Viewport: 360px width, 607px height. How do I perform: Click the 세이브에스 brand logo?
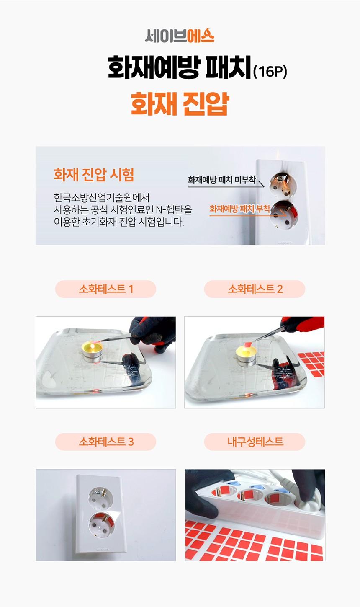click(180, 35)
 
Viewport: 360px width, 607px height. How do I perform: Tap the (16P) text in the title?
click(270, 72)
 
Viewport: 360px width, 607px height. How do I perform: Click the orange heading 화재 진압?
click(180, 103)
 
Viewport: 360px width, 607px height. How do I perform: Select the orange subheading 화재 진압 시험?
click(94, 174)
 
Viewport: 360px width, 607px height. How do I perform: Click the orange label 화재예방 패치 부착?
click(240, 209)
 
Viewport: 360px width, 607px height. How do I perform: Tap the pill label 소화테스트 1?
click(105, 289)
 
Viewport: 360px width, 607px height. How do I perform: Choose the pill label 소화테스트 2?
click(255, 289)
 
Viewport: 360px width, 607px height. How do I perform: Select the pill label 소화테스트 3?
click(105, 442)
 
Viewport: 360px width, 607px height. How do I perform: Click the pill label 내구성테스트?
click(255, 442)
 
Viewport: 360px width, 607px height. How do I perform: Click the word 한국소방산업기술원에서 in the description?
click(102, 198)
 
